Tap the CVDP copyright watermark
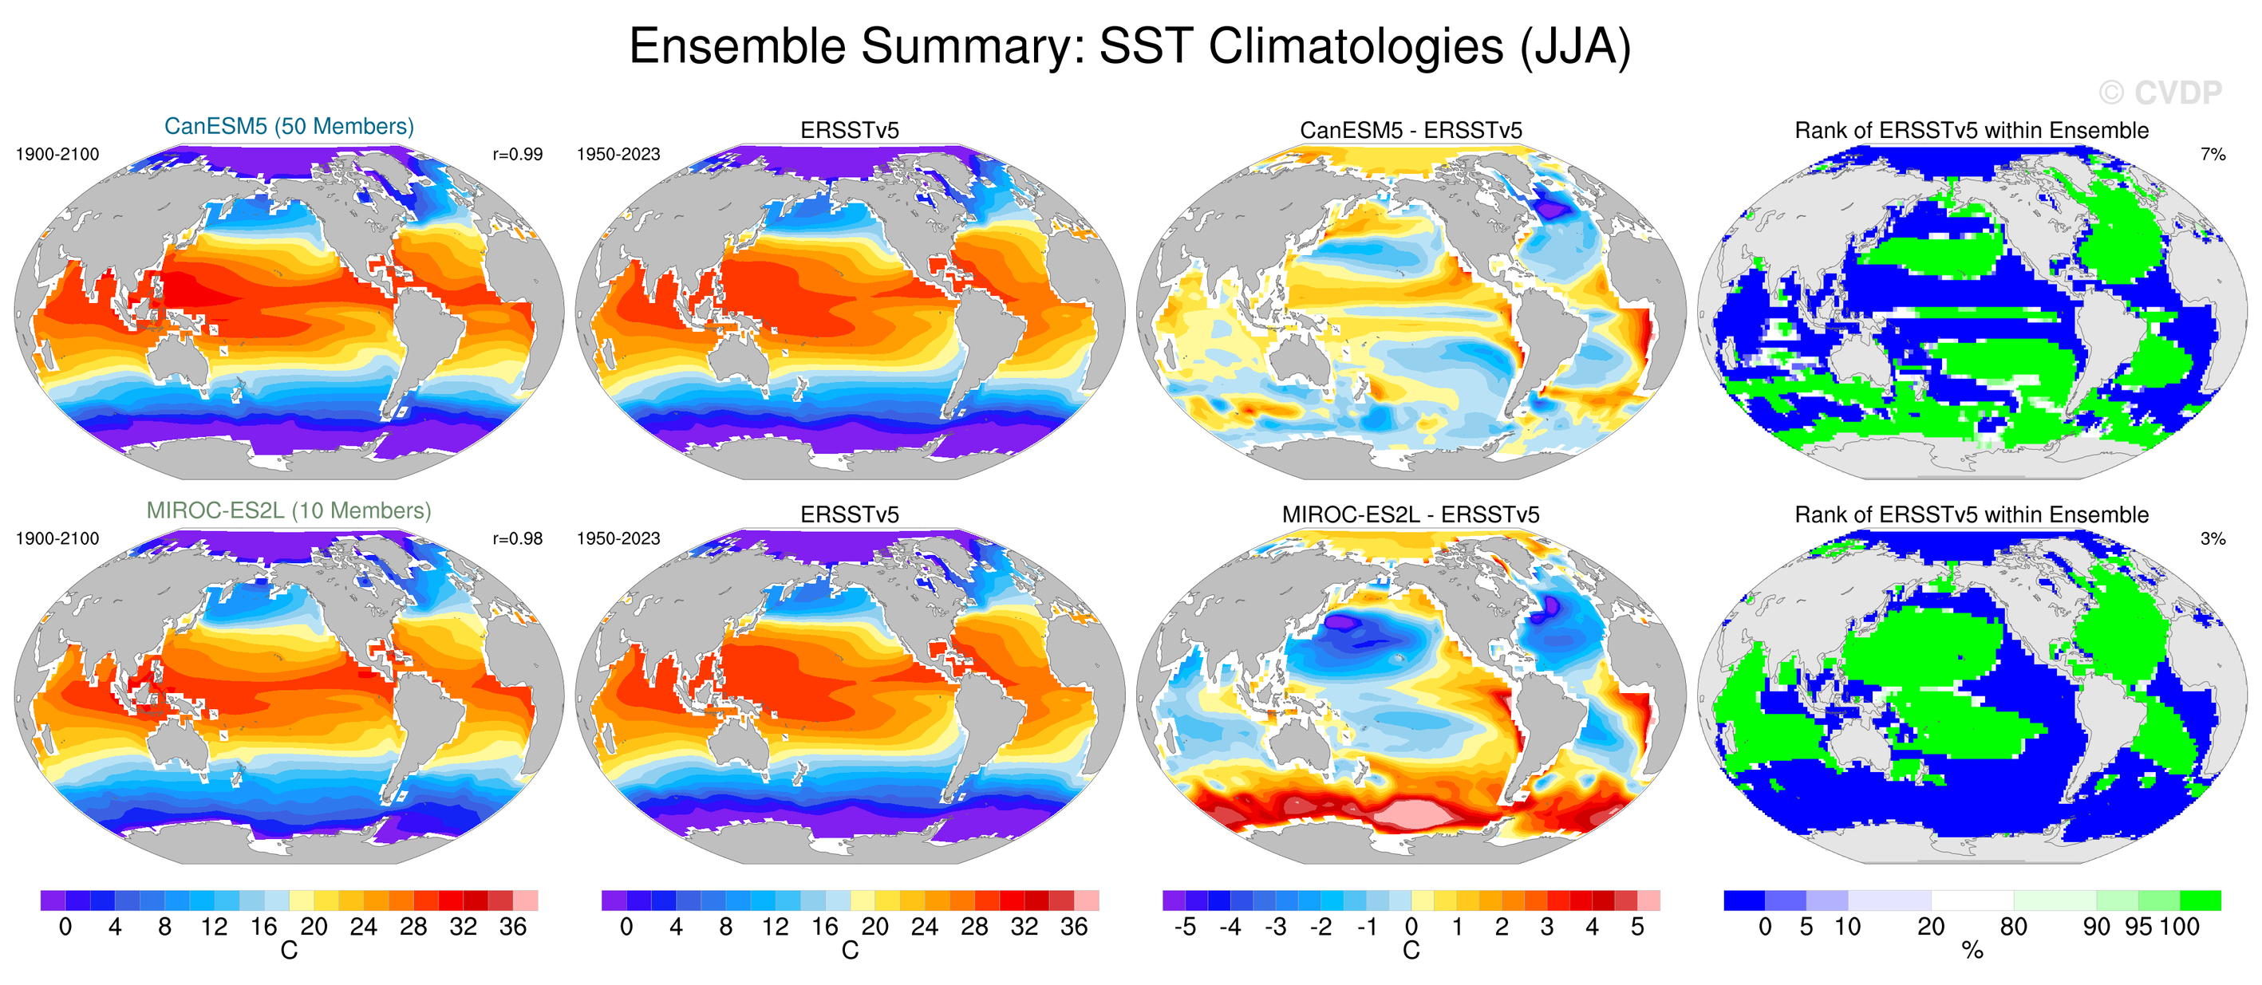pyautogui.click(x=2160, y=93)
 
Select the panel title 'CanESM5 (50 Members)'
pyautogui.click(x=289, y=127)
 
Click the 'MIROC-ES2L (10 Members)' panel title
pyautogui.click(x=289, y=511)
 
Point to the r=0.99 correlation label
pyautogui.click(x=517, y=155)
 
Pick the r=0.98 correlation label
pyautogui.click(x=517, y=539)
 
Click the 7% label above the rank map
pyautogui.click(x=2213, y=155)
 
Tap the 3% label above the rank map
pyautogui.click(x=2213, y=539)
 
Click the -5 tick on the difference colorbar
pyautogui.click(x=1185, y=927)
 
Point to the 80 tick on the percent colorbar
pyautogui.click(x=2014, y=927)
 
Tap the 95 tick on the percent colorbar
pyautogui.click(x=2138, y=927)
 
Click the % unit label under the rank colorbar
pyautogui.click(x=1972, y=951)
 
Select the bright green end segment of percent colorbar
pyautogui.click(x=2200, y=900)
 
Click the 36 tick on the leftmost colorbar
pyautogui.click(x=513, y=927)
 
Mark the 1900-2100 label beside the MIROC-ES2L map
pyautogui.click(x=58, y=539)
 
